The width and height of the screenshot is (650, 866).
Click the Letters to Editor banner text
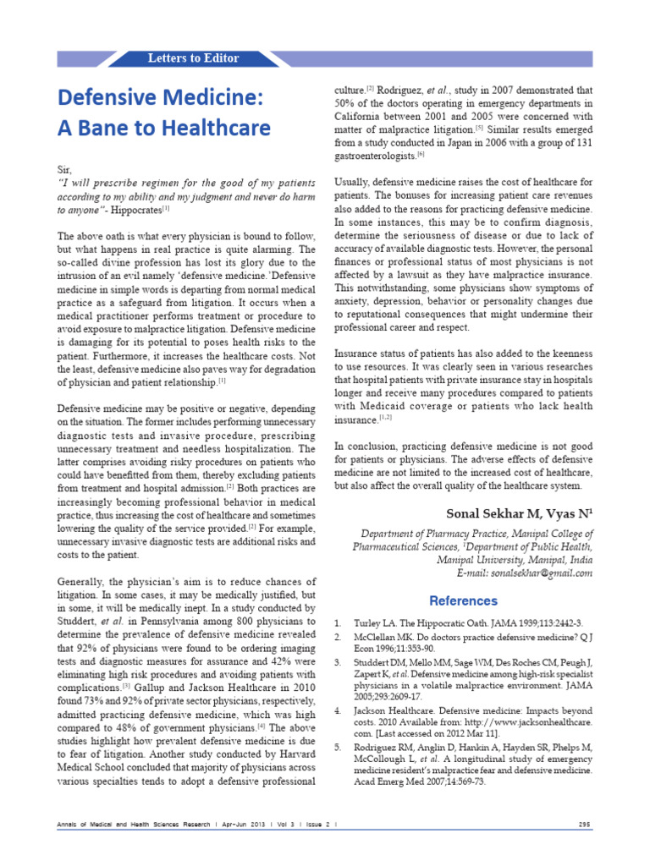coord(193,58)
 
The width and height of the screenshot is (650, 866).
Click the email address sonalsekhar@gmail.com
coord(536,573)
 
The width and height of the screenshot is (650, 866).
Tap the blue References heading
coord(463,600)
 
